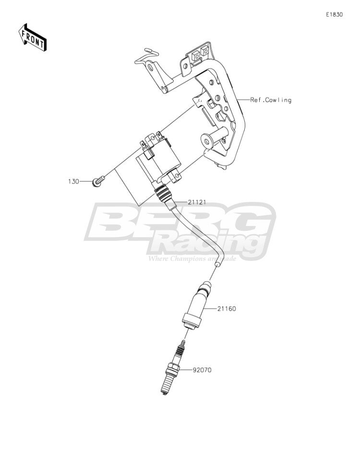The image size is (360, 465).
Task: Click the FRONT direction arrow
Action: coord(32,37)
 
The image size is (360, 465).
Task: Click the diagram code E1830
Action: coord(335,14)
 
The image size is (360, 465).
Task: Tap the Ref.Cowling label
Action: coord(271,100)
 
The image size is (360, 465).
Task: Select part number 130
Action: coord(74,181)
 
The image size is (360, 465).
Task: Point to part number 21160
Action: coord(227,309)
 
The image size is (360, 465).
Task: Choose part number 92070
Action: coord(202,370)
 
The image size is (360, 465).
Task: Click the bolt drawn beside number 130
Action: coord(99,181)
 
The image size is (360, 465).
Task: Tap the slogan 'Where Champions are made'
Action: coord(192,259)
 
